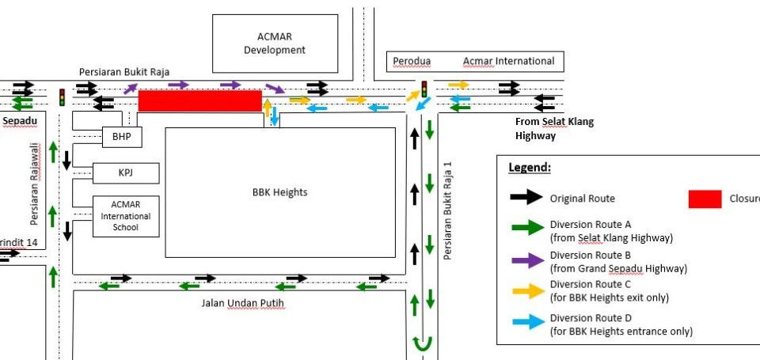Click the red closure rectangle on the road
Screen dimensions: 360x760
pyautogui.click(x=199, y=100)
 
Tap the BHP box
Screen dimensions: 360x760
pyautogui.click(x=122, y=137)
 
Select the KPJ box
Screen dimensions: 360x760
pyautogui.click(x=126, y=172)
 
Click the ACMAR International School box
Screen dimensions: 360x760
pyautogui.click(x=126, y=216)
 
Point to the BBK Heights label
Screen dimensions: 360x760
pyautogui.click(x=279, y=192)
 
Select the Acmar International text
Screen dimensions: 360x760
pyautogui.click(x=508, y=61)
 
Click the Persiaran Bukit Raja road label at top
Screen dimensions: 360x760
pyautogui.click(x=124, y=72)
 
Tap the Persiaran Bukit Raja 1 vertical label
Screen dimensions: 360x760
pyautogui.click(x=448, y=210)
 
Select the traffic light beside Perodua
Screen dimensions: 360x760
pyautogui.click(x=424, y=89)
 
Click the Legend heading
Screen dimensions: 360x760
pyautogui.click(x=530, y=169)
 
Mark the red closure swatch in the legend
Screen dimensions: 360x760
pyautogui.click(x=705, y=199)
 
